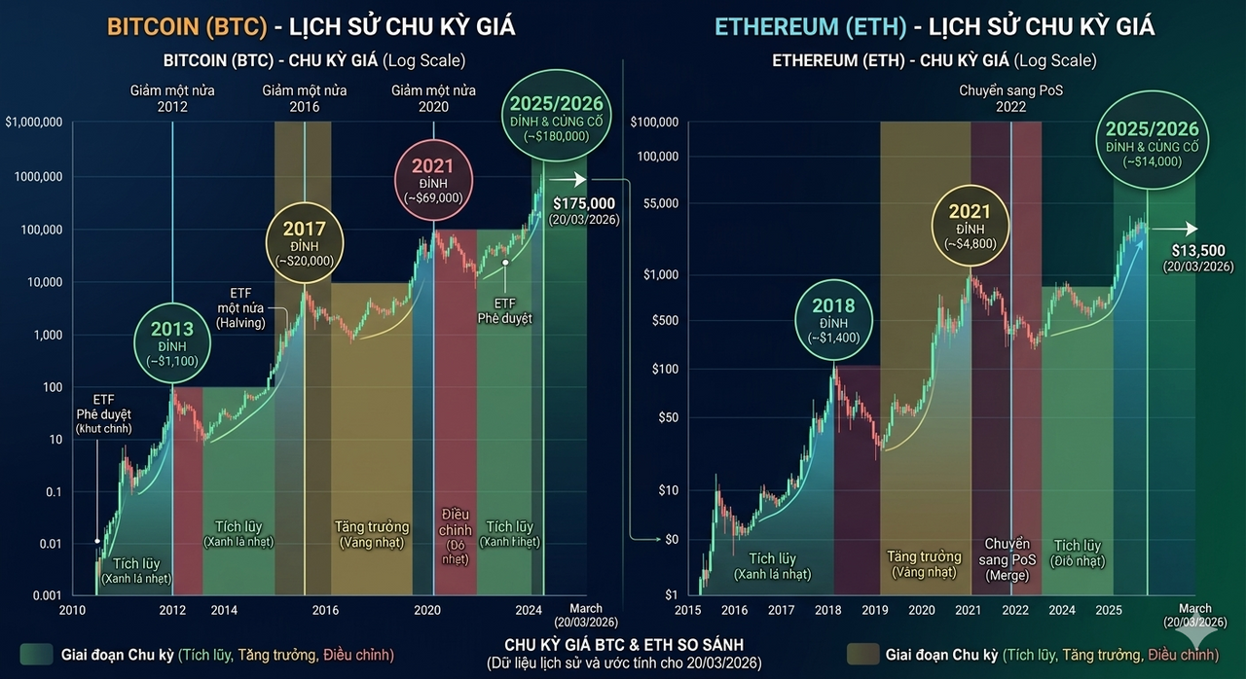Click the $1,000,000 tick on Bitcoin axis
[x=34, y=123]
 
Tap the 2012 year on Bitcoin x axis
[x=172, y=611]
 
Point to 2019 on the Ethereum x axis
[x=875, y=611]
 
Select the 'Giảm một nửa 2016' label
[x=304, y=98]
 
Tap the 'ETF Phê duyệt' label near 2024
[x=504, y=310]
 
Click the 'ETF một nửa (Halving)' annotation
[x=239, y=307]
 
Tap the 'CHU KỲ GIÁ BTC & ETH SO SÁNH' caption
[x=623, y=645]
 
